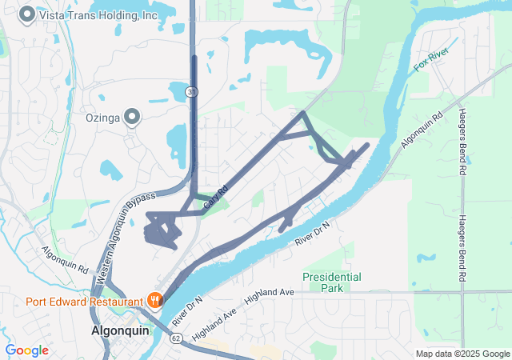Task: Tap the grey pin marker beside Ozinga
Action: click(x=134, y=118)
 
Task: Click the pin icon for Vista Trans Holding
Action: click(x=27, y=14)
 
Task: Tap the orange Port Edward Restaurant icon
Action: click(x=155, y=301)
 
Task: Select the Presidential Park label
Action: click(x=331, y=282)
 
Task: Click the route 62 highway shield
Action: click(x=176, y=338)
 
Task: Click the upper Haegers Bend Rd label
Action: click(x=462, y=142)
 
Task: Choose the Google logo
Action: click(x=27, y=350)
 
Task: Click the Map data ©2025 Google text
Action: click(x=462, y=354)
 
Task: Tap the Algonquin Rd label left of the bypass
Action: click(x=66, y=261)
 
